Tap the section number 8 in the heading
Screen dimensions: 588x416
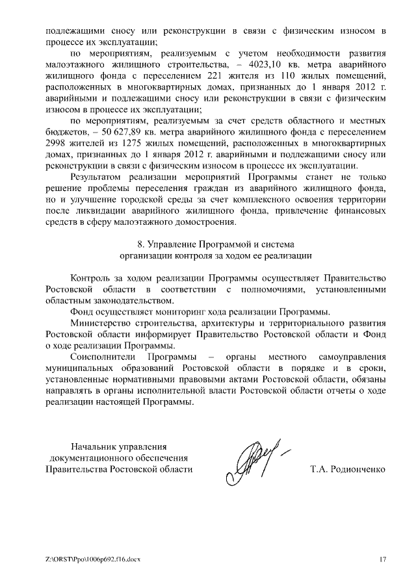click(142, 245)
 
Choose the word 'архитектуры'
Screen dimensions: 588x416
click(218, 324)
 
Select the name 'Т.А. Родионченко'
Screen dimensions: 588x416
click(348, 468)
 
